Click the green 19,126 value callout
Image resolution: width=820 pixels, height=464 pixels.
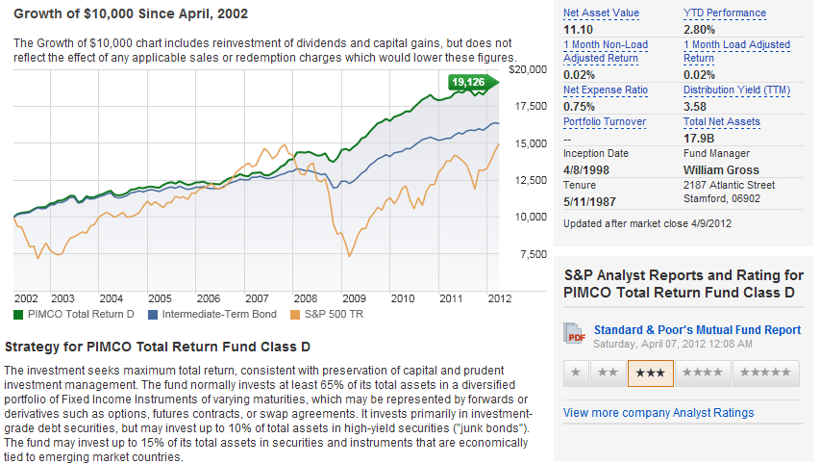(472, 83)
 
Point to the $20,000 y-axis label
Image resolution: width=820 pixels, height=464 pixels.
(528, 69)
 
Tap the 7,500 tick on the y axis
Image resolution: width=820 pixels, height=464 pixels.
(531, 254)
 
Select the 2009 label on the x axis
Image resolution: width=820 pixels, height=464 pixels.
(356, 298)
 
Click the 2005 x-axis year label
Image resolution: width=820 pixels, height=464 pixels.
(160, 298)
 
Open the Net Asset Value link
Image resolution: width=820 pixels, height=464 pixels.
(601, 13)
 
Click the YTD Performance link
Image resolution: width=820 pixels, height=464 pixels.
(725, 13)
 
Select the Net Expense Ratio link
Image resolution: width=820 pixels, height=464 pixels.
(606, 90)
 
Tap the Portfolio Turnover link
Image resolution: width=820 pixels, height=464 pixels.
(605, 121)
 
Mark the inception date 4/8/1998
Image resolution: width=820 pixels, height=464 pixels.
(586, 169)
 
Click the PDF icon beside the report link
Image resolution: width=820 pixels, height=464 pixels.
(576, 333)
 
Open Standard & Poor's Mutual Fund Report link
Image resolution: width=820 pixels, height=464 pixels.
(697, 329)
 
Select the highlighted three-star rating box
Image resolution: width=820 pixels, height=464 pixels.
(650, 373)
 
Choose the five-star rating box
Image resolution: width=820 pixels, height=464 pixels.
(766, 373)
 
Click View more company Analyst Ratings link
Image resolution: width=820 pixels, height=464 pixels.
(658, 412)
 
